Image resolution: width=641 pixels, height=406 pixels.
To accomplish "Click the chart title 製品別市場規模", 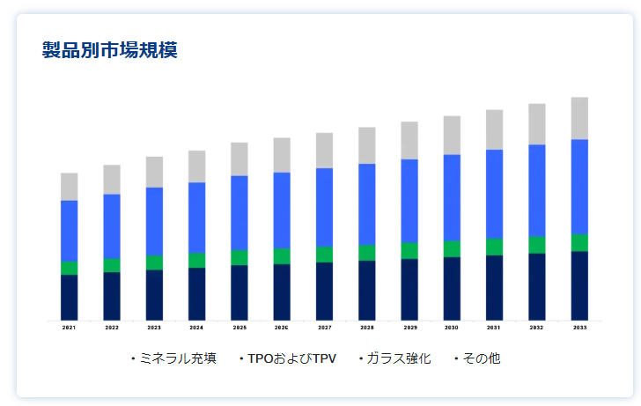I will (110, 50).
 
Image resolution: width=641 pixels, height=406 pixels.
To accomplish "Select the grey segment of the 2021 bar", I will (70, 187).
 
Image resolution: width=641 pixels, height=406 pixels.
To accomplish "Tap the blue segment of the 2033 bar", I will (579, 187).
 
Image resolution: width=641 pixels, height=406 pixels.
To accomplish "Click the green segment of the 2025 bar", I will (239, 257).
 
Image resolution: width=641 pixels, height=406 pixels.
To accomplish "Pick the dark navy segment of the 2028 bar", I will (367, 290).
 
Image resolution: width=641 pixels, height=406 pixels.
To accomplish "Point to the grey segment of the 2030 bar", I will (452, 135).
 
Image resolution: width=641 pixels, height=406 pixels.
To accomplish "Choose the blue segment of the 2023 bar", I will (154, 221).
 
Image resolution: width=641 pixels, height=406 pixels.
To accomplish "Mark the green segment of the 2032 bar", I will (537, 244).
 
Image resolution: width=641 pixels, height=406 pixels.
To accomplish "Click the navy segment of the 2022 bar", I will (112, 296).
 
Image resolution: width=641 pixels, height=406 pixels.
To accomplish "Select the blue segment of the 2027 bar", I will (324, 207).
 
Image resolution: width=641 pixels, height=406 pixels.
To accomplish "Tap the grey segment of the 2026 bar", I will (282, 155).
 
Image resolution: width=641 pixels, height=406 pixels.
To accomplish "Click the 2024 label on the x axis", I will (196, 328).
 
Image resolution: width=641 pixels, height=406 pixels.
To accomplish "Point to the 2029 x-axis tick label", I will (409, 328).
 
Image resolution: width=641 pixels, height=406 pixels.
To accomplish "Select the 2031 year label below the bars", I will (494, 328).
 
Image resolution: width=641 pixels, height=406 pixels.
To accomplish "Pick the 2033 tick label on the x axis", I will (579, 328).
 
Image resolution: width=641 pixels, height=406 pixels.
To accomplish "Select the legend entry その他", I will (481, 358).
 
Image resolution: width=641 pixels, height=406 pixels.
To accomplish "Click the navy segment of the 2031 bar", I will (494, 287).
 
